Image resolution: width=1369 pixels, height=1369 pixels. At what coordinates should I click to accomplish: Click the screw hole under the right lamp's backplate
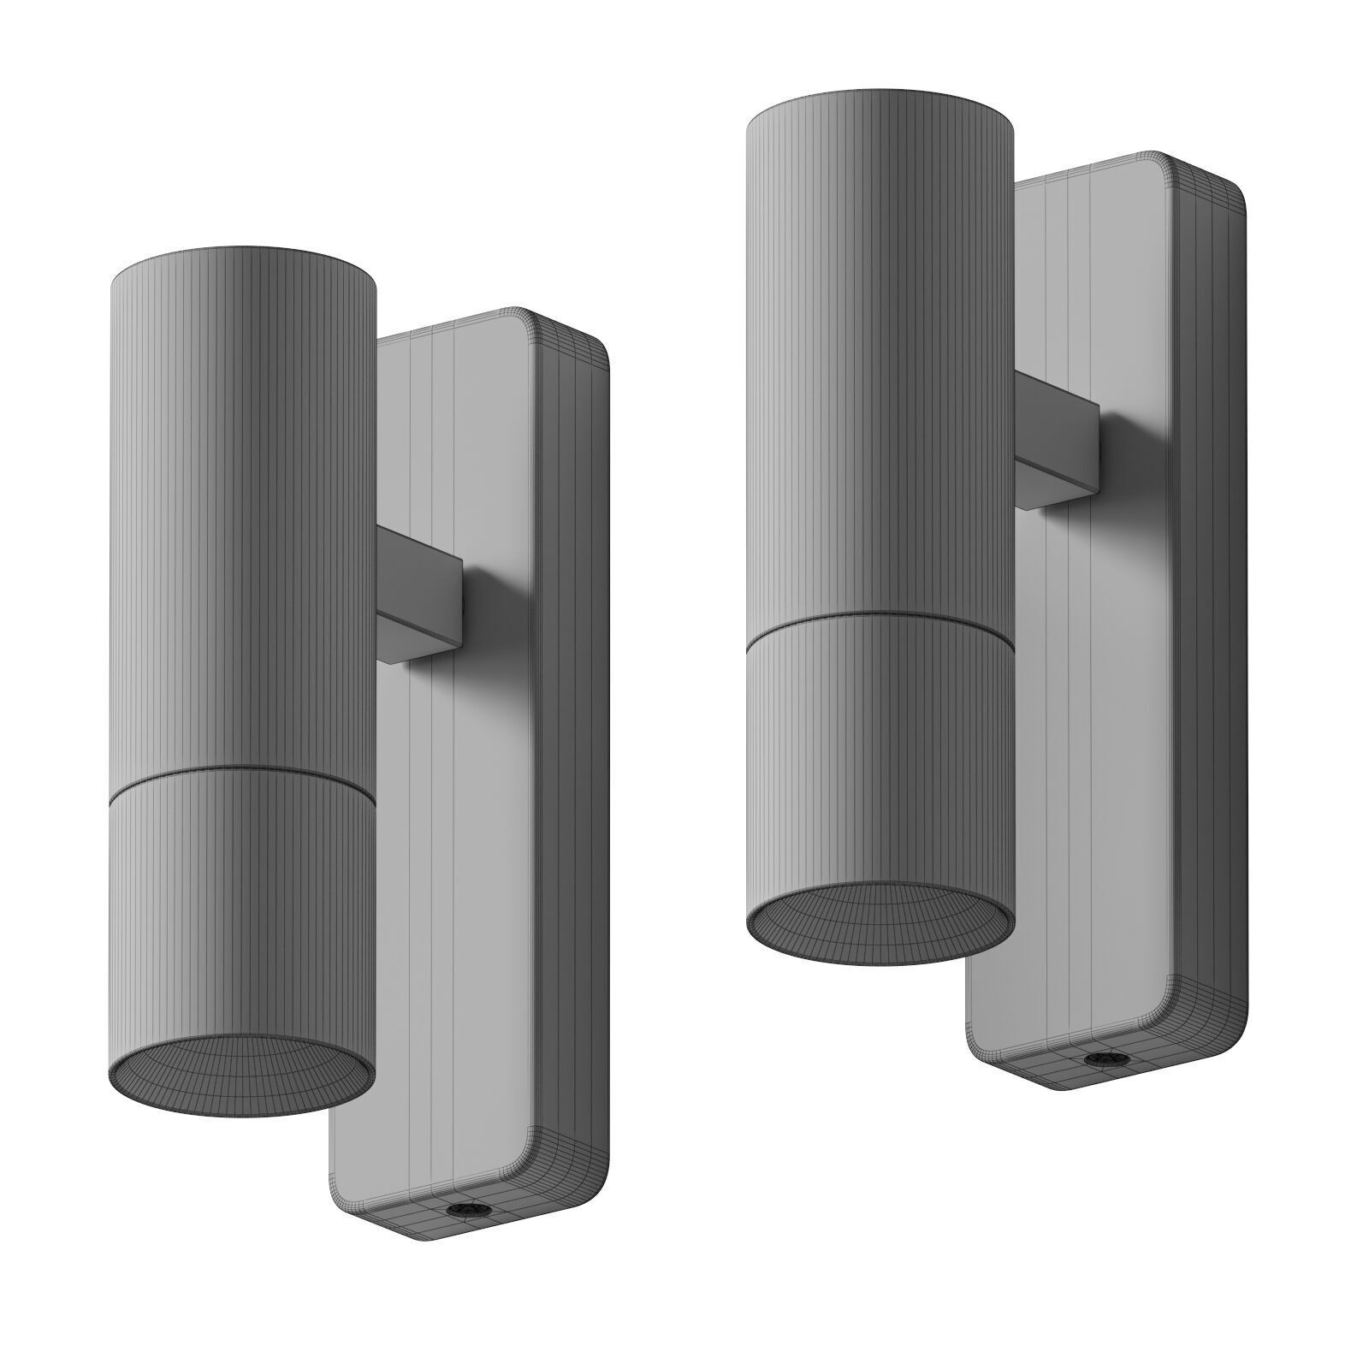pos(1093,1059)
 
